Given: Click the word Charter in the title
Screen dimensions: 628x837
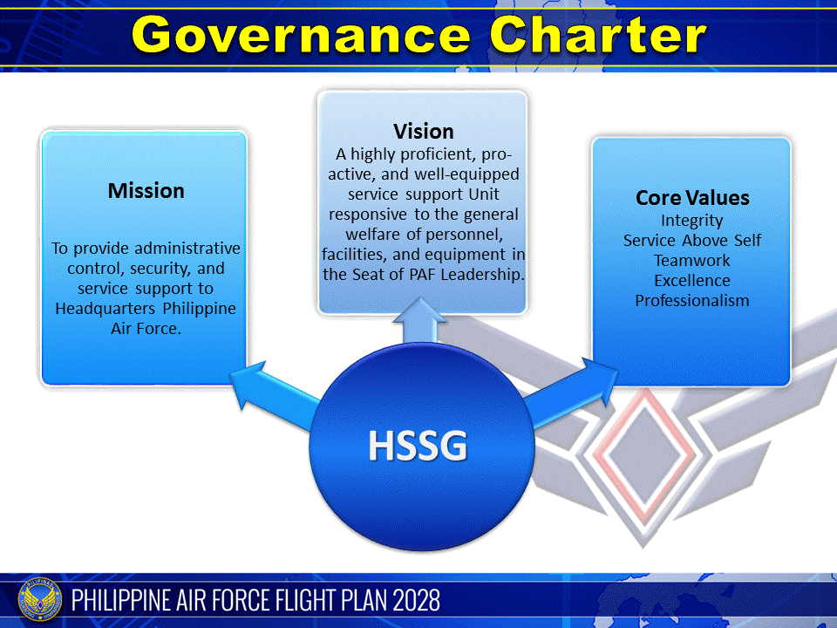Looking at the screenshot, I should [x=598, y=35].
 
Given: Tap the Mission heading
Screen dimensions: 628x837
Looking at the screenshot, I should [x=146, y=190].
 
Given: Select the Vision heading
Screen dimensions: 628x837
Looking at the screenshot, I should [x=424, y=132].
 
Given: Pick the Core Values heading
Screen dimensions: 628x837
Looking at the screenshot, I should [x=692, y=198].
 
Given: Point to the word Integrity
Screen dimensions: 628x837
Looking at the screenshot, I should [x=692, y=221].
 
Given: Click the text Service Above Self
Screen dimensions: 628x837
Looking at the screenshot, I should [x=692, y=241].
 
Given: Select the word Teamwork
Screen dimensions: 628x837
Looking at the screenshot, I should [x=692, y=261].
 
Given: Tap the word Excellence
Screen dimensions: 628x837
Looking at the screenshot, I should [x=692, y=281].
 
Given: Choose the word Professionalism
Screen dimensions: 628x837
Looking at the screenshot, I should [x=692, y=301].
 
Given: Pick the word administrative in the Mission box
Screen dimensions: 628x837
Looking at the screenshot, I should [x=182, y=249].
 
